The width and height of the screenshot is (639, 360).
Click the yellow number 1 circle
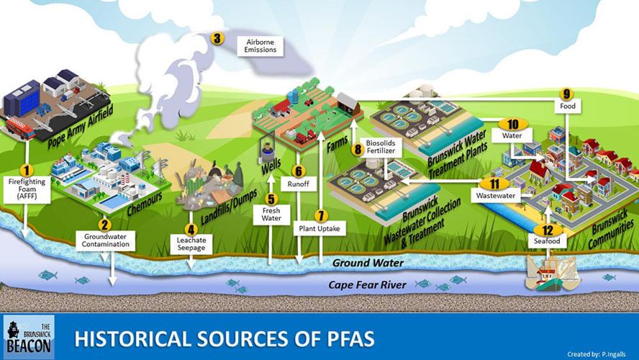click(27, 170)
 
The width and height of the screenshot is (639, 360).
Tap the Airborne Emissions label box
click(260, 45)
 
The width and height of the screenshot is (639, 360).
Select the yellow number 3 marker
click(217, 39)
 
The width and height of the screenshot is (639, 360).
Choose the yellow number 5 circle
click(271, 199)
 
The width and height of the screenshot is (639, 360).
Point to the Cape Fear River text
click(367, 285)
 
